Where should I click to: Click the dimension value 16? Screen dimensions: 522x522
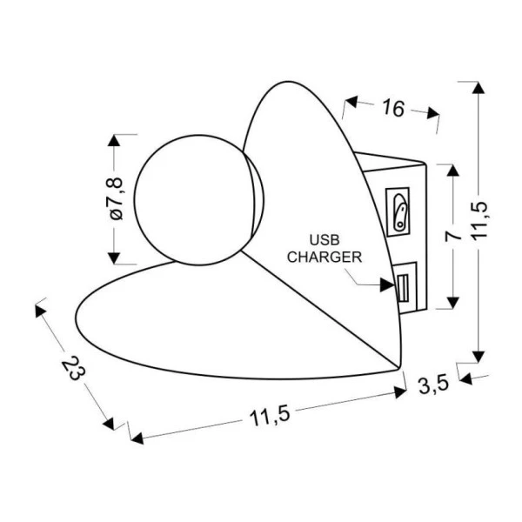pos(393,108)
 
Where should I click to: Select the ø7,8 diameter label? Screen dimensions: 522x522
pos(116,198)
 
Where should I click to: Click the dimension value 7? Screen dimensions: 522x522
pos(453,236)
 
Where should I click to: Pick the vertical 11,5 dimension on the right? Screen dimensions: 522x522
pos(479,220)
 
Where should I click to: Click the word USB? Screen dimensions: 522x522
pos(325,240)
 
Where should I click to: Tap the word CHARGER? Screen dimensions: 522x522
pos(325,257)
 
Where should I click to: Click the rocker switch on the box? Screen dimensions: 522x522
pos(399,212)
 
